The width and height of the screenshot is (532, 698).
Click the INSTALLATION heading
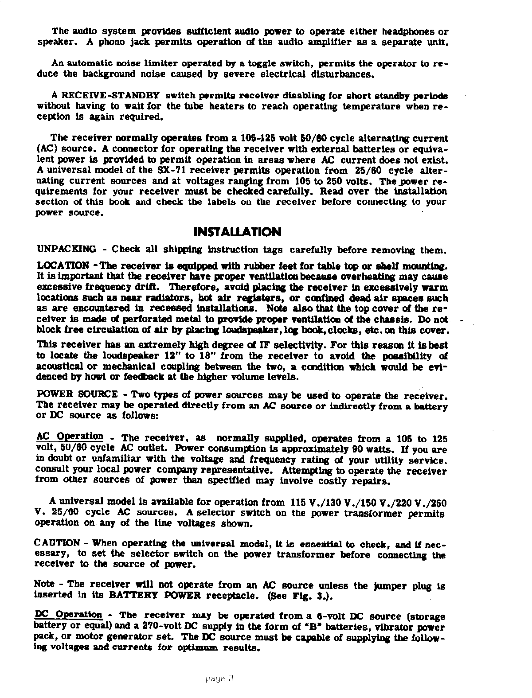(x=238, y=232)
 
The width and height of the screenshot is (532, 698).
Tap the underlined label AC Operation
(x=69, y=436)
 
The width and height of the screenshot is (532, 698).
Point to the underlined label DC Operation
(x=68, y=615)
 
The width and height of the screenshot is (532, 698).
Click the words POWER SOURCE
(x=77, y=394)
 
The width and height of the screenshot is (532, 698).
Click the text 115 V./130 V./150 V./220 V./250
(x=368, y=503)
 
